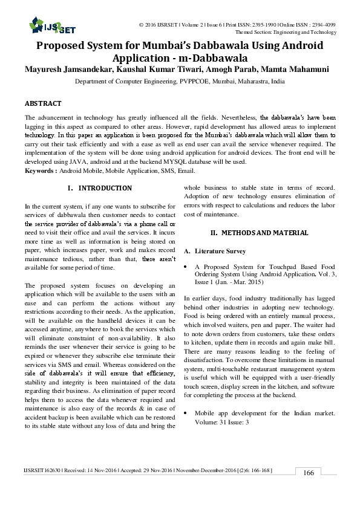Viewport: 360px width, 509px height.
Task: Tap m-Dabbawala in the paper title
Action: tap(214, 59)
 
